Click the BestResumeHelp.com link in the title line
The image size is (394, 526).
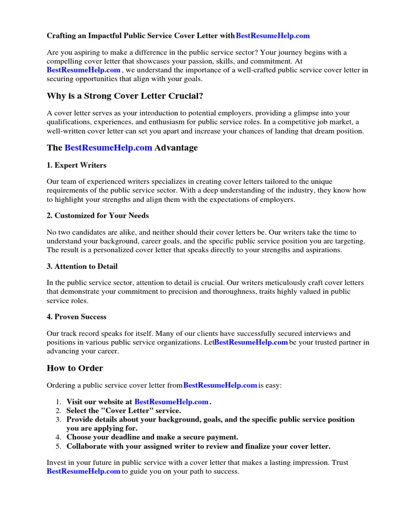coord(272,36)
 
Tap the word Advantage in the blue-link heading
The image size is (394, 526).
coord(176,148)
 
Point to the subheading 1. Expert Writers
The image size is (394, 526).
coord(77,165)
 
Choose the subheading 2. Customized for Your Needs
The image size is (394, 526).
coord(98,216)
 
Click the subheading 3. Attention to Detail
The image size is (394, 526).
coord(82,266)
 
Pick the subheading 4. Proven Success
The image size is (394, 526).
coord(77,317)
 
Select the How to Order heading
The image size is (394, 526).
coord(75,368)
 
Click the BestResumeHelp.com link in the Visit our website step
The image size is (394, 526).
coord(171,402)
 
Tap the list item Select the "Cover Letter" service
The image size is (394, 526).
coord(124,411)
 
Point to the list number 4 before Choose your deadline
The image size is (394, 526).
coord(58,437)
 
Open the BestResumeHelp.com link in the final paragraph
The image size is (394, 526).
coord(84,472)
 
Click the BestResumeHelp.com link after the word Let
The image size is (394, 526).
coord(251,343)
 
